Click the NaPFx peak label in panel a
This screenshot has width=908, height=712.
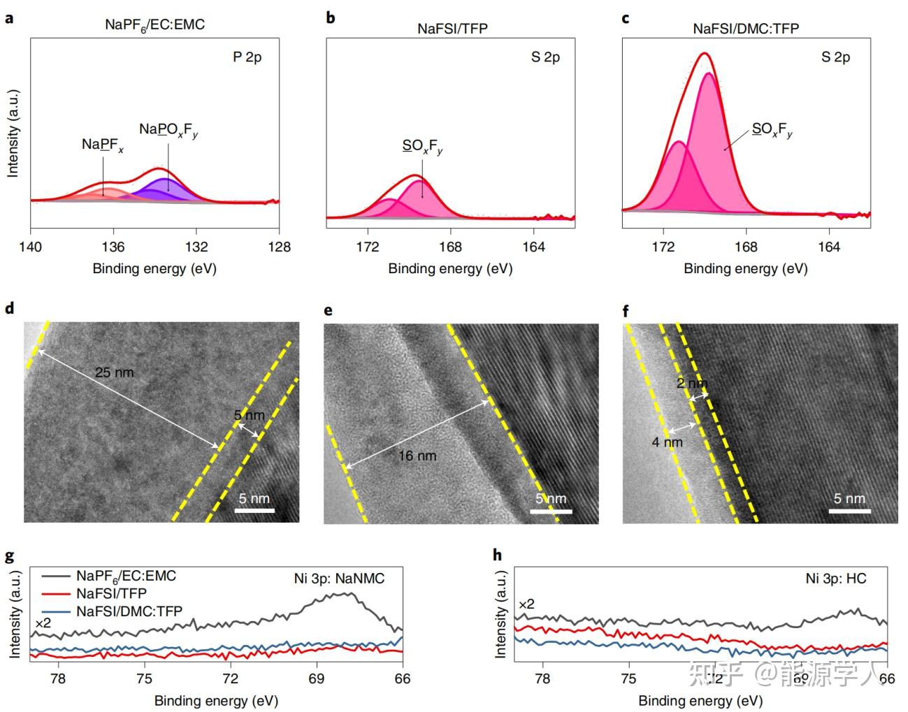coord(102,145)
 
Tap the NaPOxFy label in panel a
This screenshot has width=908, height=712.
coord(168,129)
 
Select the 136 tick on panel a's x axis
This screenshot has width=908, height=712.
coord(113,247)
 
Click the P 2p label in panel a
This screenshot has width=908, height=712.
coord(247,57)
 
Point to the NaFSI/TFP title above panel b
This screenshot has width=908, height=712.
coord(452,29)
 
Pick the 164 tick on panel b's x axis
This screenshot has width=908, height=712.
coord(533,247)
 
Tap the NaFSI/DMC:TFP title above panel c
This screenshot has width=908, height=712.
coord(745,29)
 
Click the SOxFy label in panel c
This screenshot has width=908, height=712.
coord(772,130)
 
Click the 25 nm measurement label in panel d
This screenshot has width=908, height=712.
coord(114,372)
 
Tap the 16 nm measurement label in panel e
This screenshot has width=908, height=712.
coord(417,456)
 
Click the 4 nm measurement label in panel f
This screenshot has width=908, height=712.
coord(668,442)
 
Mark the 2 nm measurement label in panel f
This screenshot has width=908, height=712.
coord(691,384)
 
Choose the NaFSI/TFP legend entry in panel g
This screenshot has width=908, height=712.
coord(112,594)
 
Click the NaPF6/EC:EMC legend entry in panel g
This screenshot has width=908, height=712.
coord(126,576)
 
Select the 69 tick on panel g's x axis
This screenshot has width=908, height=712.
coord(316,678)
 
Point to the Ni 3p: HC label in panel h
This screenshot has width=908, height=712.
coord(836,579)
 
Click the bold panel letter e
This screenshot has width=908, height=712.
coord(329,310)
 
